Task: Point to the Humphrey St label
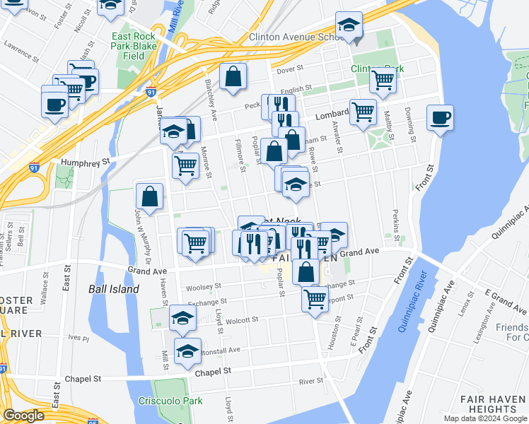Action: point(86,161)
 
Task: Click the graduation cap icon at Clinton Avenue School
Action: point(349,26)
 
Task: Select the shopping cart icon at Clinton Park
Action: point(383,80)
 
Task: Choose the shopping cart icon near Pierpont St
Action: point(315,298)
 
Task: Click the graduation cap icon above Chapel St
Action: point(187,351)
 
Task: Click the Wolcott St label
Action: point(243,320)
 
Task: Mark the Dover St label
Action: point(289,70)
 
